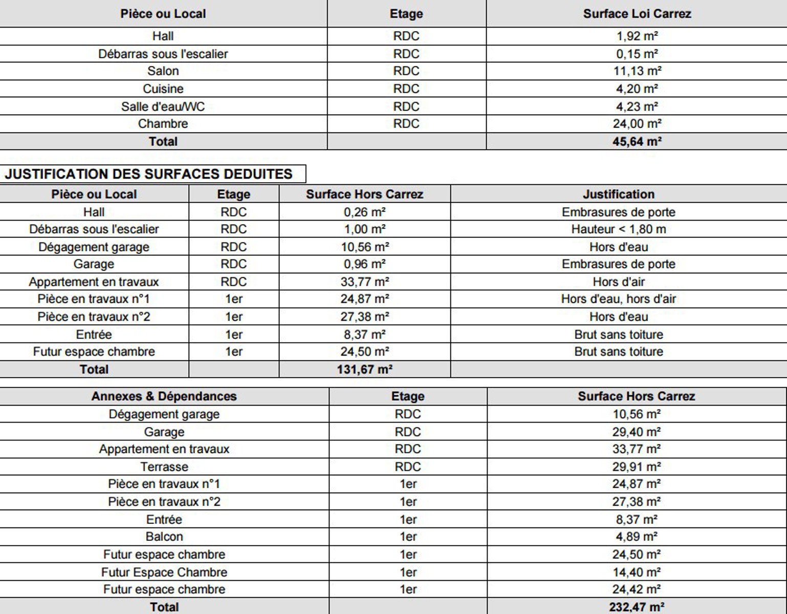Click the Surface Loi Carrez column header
(637, 14)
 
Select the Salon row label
(163, 71)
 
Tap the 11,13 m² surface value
(637, 71)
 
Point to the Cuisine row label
(163, 89)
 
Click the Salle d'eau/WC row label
(163, 106)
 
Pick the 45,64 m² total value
(637, 142)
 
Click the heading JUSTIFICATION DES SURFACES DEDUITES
(149, 174)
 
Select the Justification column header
(618, 194)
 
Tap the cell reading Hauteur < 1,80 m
(618, 229)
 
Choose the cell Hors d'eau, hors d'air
(618, 299)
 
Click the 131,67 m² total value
(364, 369)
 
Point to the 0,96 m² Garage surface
(364, 264)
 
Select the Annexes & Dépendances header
(164, 397)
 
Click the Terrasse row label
(164, 467)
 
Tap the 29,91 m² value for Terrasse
(637, 467)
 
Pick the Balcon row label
(164, 537)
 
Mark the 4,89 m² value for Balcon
(637, 537)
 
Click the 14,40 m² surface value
(637, 572)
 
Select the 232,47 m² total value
(637, 607)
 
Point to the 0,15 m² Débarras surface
(637, 54)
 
